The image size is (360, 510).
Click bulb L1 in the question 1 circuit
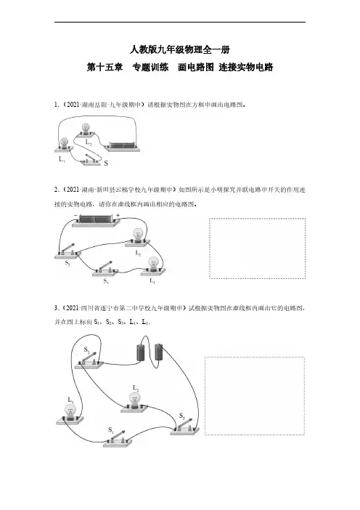coord(64,145)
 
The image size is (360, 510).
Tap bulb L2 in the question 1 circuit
coord(86,130)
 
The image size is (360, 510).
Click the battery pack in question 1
coord(123,147)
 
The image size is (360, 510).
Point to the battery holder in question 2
coord(96,221)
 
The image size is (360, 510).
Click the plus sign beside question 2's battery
coord(118,215)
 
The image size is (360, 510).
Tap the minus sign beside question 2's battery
coord(75,215)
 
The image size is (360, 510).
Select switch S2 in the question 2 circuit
coord(68,252)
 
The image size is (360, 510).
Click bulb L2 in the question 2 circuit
coord(138,238)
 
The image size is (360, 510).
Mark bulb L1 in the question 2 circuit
coord(153,267)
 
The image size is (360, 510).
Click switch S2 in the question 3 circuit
coord(89,360)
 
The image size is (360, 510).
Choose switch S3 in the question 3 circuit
coord(184,426)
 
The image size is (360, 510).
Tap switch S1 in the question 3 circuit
coord(118,439)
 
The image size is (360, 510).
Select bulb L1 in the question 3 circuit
coord(70,414)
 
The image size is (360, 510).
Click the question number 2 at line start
coord(56,190)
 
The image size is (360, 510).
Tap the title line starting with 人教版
coord(180,49)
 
